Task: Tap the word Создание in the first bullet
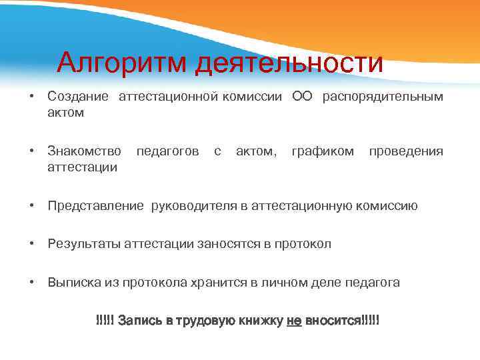(78, 97)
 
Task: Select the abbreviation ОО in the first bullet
(302, 97)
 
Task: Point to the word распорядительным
(383, 97)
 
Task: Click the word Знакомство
(84, 151)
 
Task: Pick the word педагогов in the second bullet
(167, 151)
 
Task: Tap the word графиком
(323, 151)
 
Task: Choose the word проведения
(406, 151)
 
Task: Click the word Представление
(95, 206)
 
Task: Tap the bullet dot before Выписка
(32, 282)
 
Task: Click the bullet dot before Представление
(32, 206)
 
